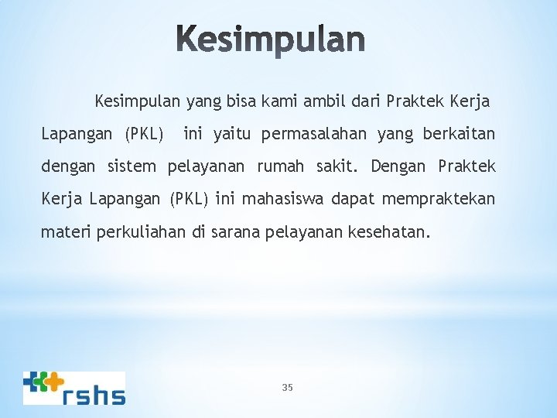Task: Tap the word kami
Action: tap(282, 101)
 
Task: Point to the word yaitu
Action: tap(234, 135)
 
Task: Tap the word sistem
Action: tap(131, 166)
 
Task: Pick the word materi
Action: tap(67, 232)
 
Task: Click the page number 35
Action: tap(288, 387)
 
